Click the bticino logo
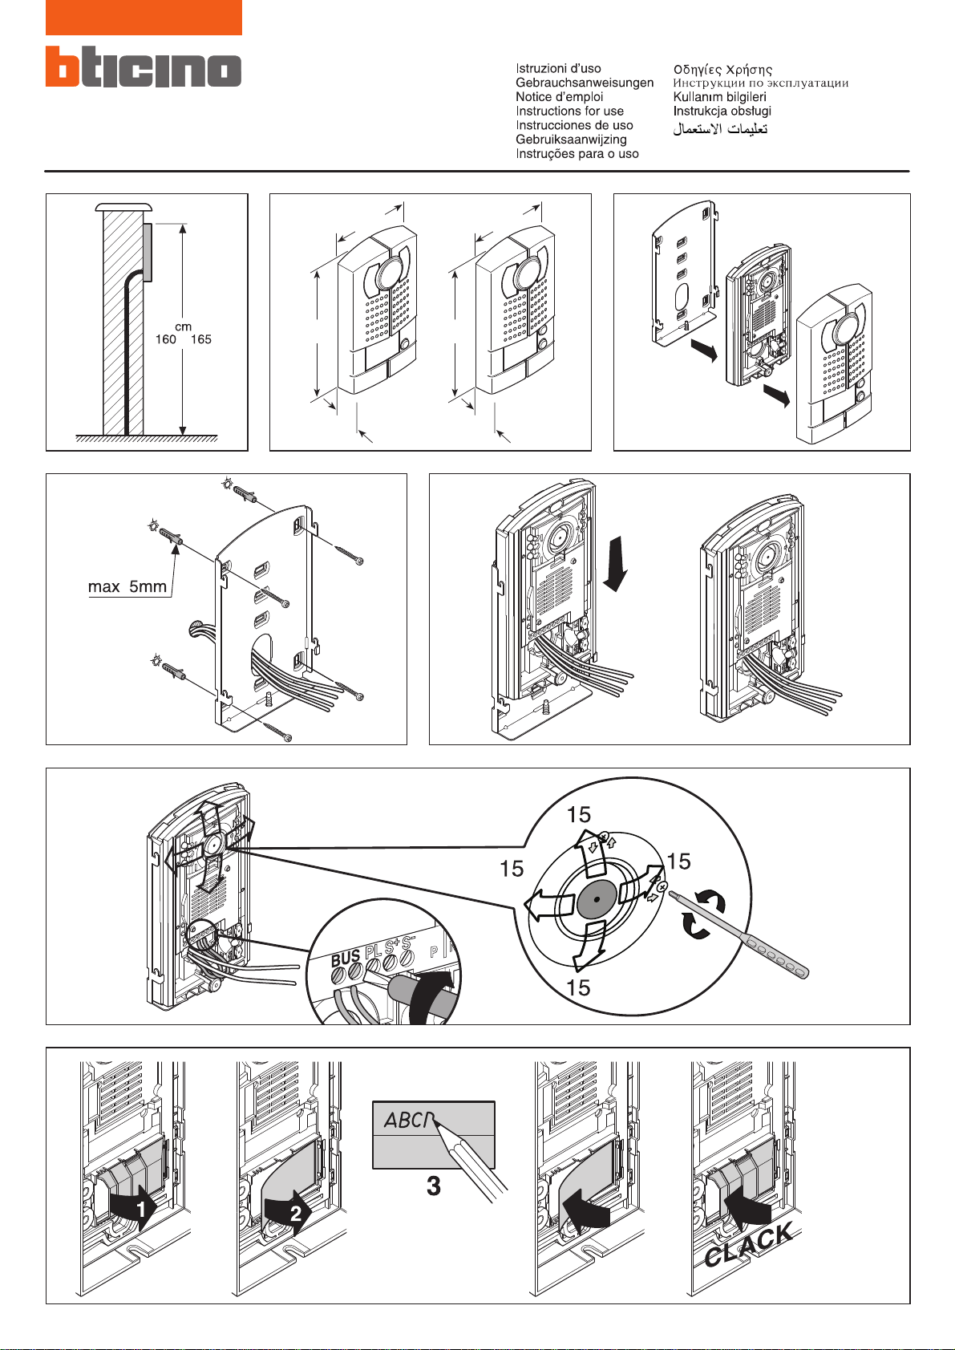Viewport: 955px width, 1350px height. (x=144, y=67)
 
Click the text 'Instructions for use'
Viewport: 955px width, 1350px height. (x=569, y=111)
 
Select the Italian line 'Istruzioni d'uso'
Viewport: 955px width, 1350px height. (x=558, y=69)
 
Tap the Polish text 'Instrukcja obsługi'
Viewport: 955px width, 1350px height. (x=722, y=111)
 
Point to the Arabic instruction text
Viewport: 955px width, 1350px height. (x=720, y=129)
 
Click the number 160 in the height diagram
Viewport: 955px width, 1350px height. (x=166, y=339)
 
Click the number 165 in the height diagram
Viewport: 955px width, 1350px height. (x=200, y=339)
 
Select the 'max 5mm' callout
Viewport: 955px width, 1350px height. (x=127, y=587)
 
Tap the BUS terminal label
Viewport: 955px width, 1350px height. (x=346, y=957)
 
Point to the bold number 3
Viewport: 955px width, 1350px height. (x=434, y=1186)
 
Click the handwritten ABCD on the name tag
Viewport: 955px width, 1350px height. (x=409, y=1120)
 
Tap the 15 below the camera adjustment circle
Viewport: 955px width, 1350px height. (x=578, y=988)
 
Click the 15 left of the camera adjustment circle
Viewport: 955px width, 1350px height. (x=512, y=869)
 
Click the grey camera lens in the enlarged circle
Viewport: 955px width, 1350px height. (x=596, y=902)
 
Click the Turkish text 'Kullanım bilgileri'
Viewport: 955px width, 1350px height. (x=719, y=97)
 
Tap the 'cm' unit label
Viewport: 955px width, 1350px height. (x=183, y=326)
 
